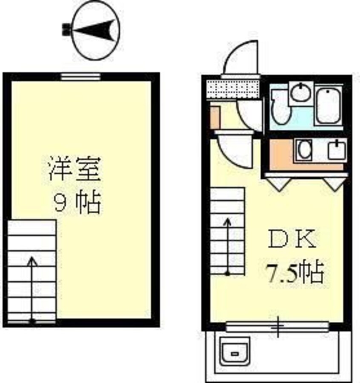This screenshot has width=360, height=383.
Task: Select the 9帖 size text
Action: tap(77, 203)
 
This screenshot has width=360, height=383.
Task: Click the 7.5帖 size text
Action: tap(295, 272)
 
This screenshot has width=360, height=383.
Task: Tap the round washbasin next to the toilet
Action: tap(302, 92)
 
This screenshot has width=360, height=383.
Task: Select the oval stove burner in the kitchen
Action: tap(305, 150)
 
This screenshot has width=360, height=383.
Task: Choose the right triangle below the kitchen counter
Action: tap(334, 183)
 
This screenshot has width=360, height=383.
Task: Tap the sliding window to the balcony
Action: tap(277, 326)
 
